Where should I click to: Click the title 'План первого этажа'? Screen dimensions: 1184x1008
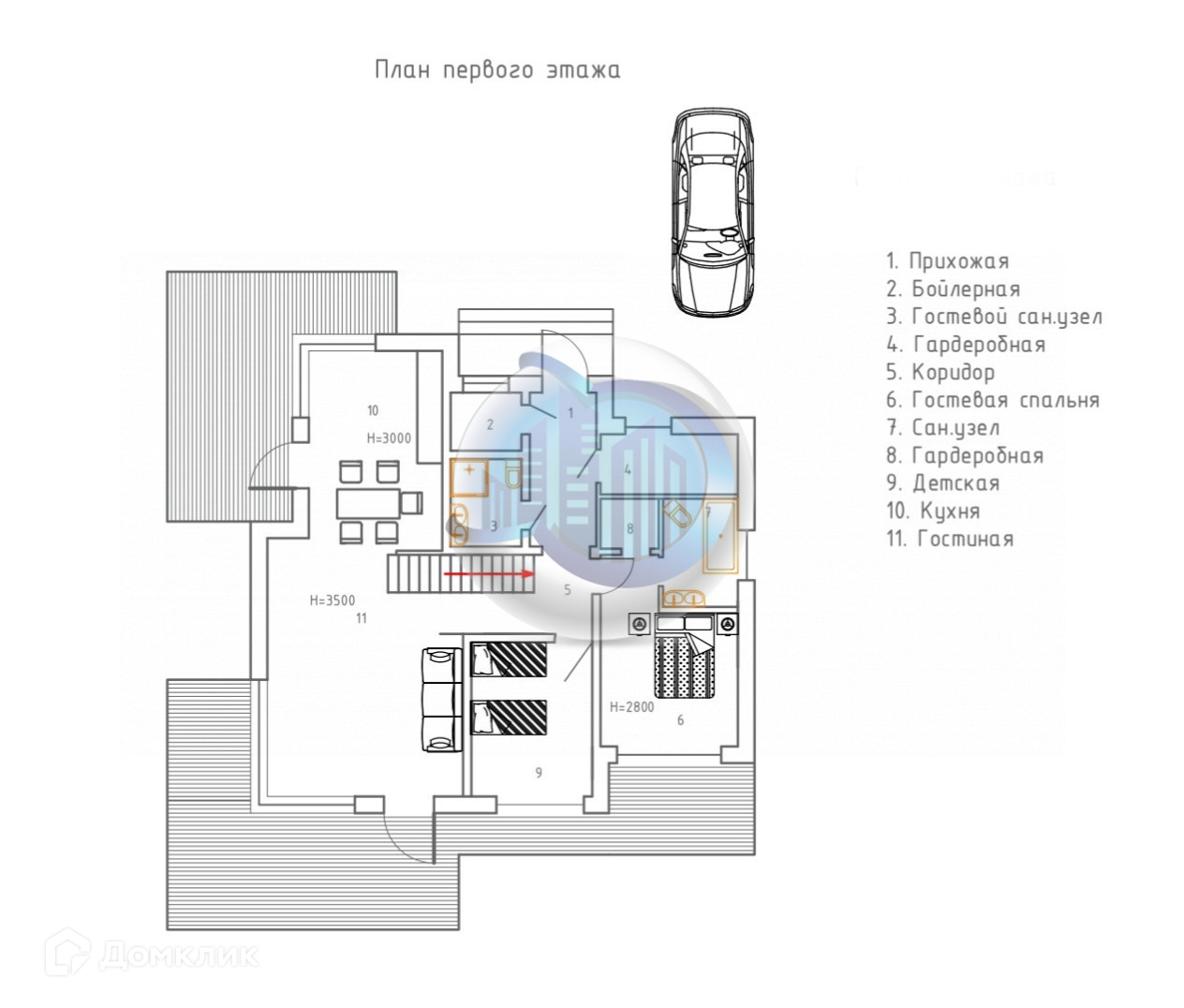click(x=497, y=70)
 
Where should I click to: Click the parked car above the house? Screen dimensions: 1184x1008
click(x=714, y=213)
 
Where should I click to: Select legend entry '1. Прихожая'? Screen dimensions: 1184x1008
click(x=947, y=261)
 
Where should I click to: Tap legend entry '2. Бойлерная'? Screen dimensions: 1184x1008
click(x=953, y=289)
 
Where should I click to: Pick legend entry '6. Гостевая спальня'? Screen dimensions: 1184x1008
click(x=992, y=401)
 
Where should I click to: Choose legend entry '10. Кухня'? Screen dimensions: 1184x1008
click(x=933, y=511)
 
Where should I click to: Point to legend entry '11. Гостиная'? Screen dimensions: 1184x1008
click(x=949, y=540)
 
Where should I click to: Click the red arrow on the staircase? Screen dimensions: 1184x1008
click(x=488, y=572)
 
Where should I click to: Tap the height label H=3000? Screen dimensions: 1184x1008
click(x=388, y=437)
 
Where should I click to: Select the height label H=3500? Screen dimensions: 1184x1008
click(x=333, y=600)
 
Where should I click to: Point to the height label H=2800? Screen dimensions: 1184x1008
click(x=631, y=707)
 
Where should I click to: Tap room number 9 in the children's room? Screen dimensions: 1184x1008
click(x=539, y=773)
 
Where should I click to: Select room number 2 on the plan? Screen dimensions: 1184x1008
click(x=489, y=425)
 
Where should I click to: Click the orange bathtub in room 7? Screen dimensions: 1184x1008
click(x=720, y=536)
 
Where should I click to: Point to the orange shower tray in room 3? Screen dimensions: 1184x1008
click(x=468, y=478)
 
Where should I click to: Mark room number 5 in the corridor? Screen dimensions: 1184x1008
click(x=567, y=589)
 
